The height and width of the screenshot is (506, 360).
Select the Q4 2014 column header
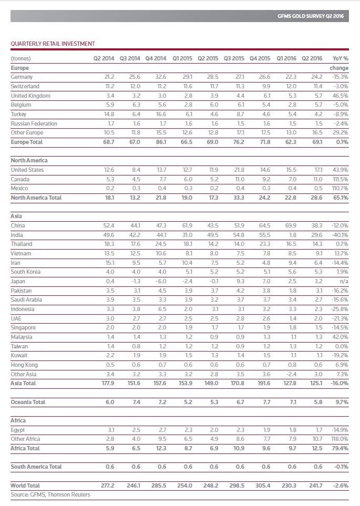pyautogui.click(x=156, y=58)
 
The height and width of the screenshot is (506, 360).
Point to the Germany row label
pyautogui.click(x=22, y=77)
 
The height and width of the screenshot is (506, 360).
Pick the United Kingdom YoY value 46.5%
pyautogui.click(x=340, y=96)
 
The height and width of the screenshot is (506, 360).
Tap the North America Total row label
pyautogui.click(x=36, y=198)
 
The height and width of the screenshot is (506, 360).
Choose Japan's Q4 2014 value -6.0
pyautogui.click(x=160, y=281)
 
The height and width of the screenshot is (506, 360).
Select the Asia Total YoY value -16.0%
pyautogui.click(x=339, y=384)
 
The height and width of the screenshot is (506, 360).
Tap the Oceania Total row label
pyautogui.click(x=28, y=402)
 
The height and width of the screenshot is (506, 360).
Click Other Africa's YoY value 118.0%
pyautogui.click(x=339, y=439)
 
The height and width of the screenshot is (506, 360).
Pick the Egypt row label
pyautogui.click(x=18, y=430)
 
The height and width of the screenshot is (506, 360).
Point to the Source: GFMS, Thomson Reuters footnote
pyautogui.click(x=50, y=494)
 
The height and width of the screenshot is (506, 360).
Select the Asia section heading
pyautogui.click(x=16, y=216)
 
